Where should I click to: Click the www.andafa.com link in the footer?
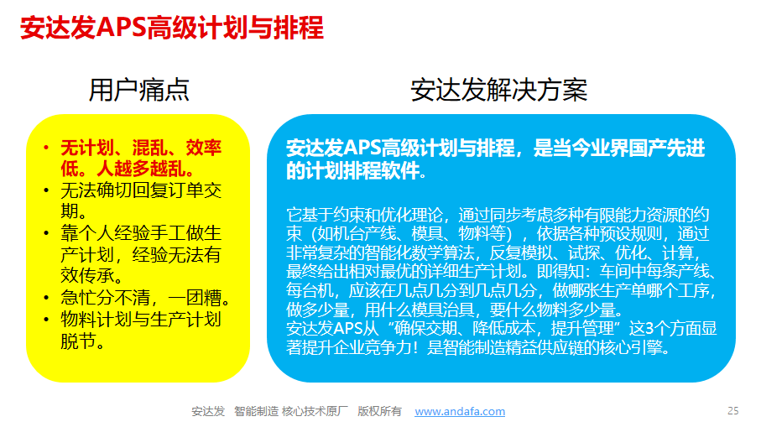pyautogui.click(x=460, y=411)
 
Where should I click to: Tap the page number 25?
pyautogui.click(x=732, y=411)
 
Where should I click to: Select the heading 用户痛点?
pyautogui.click(x=138, y=91)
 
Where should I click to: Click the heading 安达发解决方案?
pyautogui.click(x=498, y=91)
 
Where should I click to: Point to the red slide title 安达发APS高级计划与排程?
pyautogui.click(x=172, y=27)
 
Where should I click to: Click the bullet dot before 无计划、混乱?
pyautogui.click(x=46, y=148)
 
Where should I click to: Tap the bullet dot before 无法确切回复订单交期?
pyautogui.click(x=46, y=190)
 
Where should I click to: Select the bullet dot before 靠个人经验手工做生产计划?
pyautogui.click(x=46, y=233)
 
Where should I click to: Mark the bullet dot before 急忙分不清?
pyautogui.click(x=46, y=297)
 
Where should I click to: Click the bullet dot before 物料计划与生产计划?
pyautogui.click(x=46, y=319)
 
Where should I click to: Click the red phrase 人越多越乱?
pyautogui.click(x=141, y=169)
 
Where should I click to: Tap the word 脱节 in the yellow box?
pyautogui.click(x=78, y=341)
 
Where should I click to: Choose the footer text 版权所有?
pyautogui.click(x=379, y=411)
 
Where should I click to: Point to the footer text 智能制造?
pyautogui.click(x=256, y=411)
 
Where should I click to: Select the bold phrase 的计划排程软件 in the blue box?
pyautogui.click(x=353, y=170)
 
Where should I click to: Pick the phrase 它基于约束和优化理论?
pyautogui.click(x=364, y=215)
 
